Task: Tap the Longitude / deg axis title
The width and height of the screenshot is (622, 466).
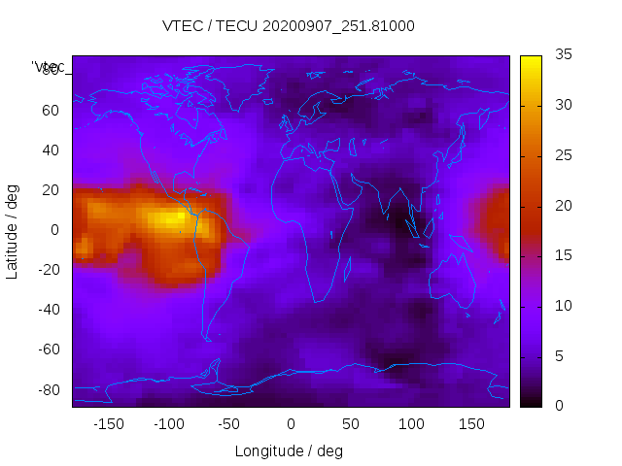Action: tap(289, 450)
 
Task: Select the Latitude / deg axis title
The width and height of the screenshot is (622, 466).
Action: tap(13, 231)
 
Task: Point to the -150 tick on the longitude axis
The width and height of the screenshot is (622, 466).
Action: tap(109, 424)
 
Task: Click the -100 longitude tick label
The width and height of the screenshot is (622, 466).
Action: tap(169, 424)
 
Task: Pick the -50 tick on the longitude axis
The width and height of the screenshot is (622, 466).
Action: tap(230, 424)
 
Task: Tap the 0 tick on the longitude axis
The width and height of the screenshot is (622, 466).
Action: tap(291, 424)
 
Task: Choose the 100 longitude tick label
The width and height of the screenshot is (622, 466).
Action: tap(411, 424)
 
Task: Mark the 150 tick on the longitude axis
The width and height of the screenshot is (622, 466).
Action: tap(471, 424)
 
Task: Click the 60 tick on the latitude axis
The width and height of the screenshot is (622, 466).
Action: tap(50, 110)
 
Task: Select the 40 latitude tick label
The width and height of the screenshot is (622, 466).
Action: tap(50, 150)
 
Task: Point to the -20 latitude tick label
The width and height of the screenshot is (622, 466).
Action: tap(47, 270)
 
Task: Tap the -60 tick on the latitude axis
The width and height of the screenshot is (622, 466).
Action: tap(47, 349)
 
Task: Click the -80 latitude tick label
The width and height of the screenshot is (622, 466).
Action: tap(47, 389)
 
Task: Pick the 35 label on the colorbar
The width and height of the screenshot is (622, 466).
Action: tap(563, 55)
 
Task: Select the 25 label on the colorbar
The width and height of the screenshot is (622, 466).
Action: tap(563, 155)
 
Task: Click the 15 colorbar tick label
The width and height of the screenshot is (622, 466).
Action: tap(563, 255)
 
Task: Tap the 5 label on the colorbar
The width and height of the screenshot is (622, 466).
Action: tap(559, 355)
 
